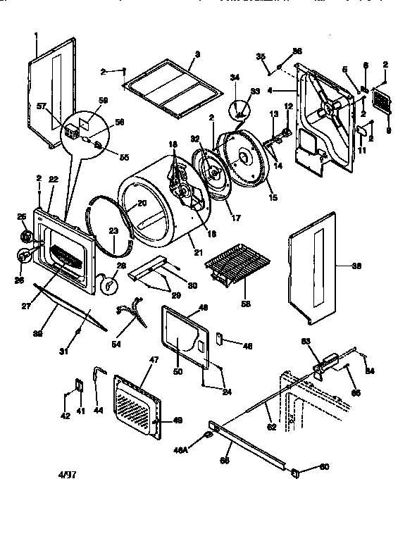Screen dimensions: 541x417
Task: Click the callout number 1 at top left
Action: pyautogui.click(x=36, y=35)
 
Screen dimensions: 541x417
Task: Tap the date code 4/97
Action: pyautogui.click(x=68, y=474)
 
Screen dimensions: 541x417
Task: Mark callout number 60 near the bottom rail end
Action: pyautogui.click(x=324, y=466)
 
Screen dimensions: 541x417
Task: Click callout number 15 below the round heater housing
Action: pyautogui.click(x=273, y=198)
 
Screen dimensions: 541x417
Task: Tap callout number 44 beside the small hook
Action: pyautogui.click(x=99, y=409)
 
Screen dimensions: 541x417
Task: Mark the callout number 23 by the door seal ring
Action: pyautogui.click(x=113, y=230)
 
